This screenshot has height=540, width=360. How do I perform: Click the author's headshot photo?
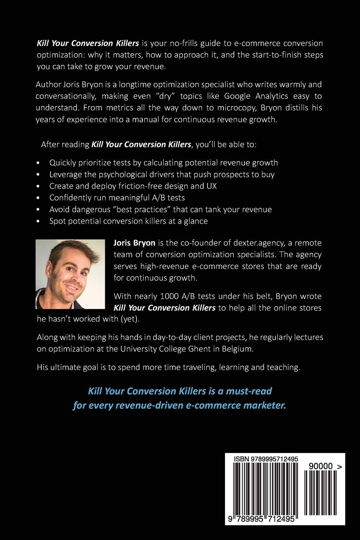tap(70, 274)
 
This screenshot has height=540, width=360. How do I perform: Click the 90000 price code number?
tap(320, 466)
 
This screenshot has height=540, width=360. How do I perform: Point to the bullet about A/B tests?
tap(117, 197)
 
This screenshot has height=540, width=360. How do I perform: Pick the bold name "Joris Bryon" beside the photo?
tap(134, 243)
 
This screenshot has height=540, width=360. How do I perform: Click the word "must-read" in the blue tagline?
tap(249, 391)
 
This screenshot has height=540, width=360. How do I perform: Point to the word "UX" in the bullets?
tap(212, 186)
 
